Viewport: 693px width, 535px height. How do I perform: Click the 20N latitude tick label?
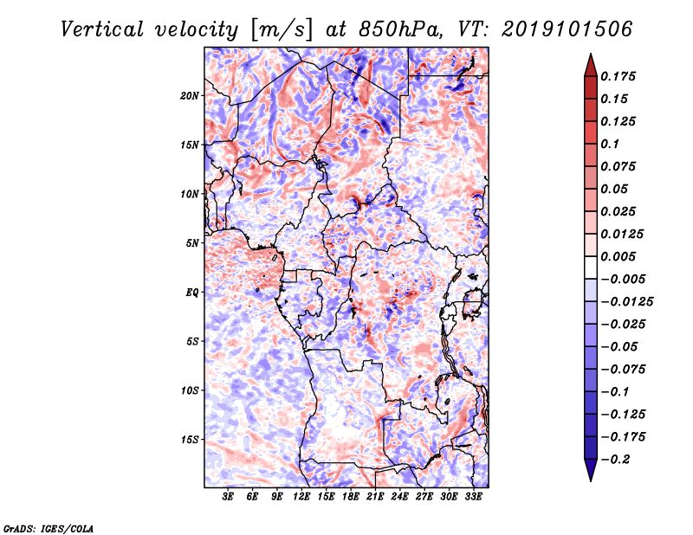[190, 95]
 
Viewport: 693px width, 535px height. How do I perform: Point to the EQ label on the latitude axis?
[192, 292]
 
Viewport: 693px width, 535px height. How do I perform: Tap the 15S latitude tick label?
[190, 439]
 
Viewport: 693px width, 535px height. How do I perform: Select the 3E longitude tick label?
[229, 497]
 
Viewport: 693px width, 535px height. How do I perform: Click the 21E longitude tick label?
[375, 497]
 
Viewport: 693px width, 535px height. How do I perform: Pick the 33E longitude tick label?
[473, 497]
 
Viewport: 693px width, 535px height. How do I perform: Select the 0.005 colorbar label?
[622, 256]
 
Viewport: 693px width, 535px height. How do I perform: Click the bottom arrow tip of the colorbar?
[590, 479]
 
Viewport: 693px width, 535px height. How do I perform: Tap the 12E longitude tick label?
[302, 497]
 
